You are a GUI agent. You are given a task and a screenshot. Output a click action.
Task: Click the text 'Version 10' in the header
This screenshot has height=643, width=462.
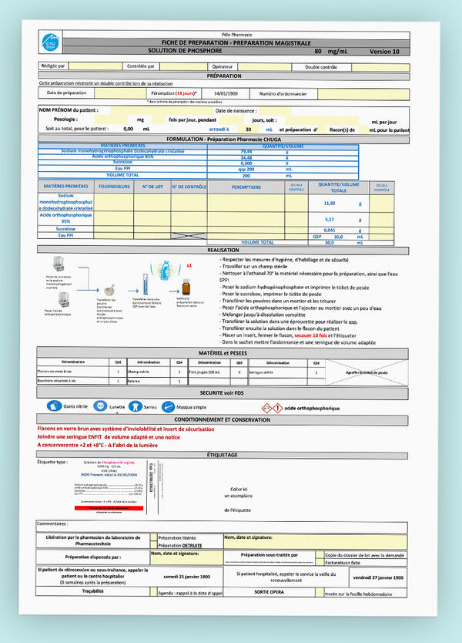tap(385, 51)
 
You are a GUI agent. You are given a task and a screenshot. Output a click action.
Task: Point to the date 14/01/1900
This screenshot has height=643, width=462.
tap(225, 93)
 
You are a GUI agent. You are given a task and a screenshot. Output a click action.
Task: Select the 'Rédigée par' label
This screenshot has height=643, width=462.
tap(53, 66)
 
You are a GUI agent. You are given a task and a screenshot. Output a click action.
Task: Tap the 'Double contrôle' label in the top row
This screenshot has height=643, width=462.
tap(320, 67)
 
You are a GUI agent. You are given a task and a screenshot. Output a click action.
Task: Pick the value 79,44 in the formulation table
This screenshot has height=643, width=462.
tap(226, 151)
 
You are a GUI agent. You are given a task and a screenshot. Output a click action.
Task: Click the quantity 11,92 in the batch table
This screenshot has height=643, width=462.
tap(330, 203)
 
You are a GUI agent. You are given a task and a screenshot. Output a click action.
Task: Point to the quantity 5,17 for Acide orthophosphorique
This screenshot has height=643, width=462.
tap(330, 219)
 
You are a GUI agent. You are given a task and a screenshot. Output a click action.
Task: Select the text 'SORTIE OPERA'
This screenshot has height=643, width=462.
tap(269, 593)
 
